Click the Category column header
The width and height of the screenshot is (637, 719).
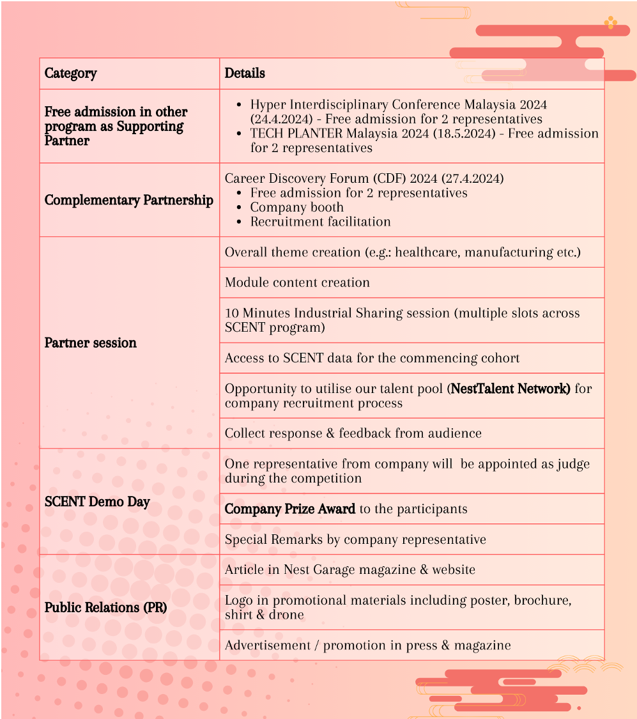pos(71,73)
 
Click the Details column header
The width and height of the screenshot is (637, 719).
pos(245,73)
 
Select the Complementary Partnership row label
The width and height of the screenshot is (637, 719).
pos(128,200)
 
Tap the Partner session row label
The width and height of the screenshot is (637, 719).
pos(90,343)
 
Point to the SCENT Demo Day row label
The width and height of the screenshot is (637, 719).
pos(97,502)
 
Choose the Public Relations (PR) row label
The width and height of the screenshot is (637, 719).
pos(105,607)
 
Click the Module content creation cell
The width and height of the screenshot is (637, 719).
pos(297,282)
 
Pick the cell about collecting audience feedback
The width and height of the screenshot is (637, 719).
pos(353,433)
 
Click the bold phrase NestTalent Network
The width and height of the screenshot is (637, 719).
pos(510,389)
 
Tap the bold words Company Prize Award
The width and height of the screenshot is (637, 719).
pos(290,509)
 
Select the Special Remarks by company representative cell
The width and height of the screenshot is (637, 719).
pos(355,539)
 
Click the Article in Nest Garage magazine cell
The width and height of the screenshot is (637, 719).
pos(349,569)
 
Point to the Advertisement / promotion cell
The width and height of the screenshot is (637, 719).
pos(367,646)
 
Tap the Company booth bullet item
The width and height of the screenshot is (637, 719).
pos(296,208)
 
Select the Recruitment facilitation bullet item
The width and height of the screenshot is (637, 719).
pos(320,222)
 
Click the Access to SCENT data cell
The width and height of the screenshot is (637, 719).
pos(372,358)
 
